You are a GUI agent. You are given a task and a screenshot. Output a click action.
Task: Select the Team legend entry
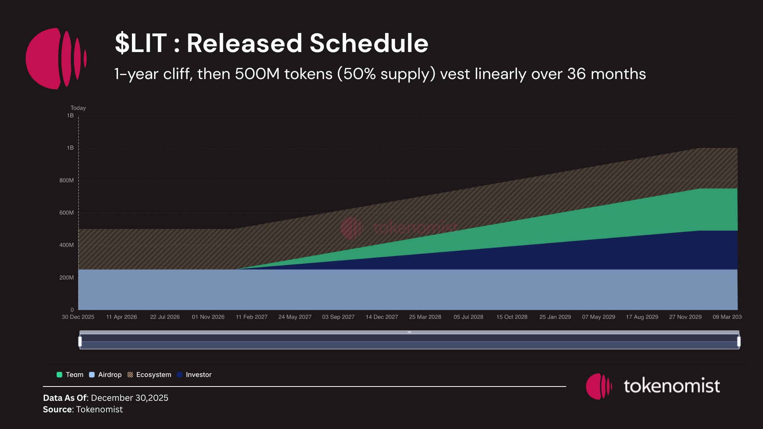tap(70, 375)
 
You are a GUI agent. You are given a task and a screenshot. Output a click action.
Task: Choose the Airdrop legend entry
tap(106, 375)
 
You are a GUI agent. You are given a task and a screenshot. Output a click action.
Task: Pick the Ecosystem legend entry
tap(149, 375)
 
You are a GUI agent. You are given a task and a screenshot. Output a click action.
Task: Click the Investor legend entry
tap(194, 375)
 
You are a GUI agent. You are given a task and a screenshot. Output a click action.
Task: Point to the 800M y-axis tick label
tap(66, 180)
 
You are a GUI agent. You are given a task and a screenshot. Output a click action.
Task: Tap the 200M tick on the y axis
tap(66, 278)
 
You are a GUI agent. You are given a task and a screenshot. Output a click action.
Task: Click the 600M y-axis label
tap(66, 213)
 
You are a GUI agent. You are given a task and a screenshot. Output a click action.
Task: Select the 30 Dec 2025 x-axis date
tap(78, 317)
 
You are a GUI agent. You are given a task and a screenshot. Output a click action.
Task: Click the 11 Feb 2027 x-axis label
tap(252, 317)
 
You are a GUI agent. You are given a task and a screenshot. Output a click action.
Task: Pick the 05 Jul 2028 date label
tap(469, 317)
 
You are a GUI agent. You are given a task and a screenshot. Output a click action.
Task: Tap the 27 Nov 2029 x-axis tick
tap(685, 317)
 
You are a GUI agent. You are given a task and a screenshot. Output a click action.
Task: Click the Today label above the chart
tap(78, 108)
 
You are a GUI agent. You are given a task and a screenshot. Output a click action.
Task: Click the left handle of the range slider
tap(80, 341)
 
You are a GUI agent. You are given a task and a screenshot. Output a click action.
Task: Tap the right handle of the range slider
tap(739, 341)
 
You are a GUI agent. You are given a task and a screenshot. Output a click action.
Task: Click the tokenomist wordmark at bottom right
tap(672, 386)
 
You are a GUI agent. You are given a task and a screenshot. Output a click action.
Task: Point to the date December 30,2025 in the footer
tap(130, 398)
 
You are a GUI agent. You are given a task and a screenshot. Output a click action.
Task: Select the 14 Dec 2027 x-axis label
tap(381, 317)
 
